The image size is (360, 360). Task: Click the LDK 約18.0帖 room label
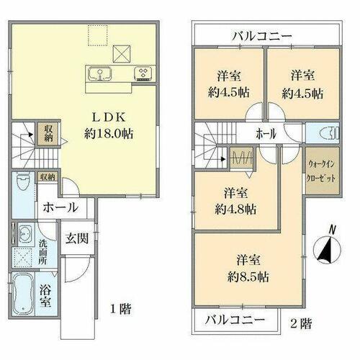tap(109, 125)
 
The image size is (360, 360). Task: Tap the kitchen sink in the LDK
tap(99, 73)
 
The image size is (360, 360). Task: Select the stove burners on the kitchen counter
tap(143, 73)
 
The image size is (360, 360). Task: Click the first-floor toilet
tap(23, 181)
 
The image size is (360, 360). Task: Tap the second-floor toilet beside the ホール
tap(330, 133)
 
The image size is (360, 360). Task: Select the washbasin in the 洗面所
tap(24, 233)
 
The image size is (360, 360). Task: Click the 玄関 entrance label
tap(77, 238)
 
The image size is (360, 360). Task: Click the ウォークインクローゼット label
tap(321, 171)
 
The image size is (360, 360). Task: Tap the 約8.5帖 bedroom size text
tap(248, 277)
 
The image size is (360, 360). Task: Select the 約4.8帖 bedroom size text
tap(235, 210)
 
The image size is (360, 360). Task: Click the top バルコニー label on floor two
tap(262, 36)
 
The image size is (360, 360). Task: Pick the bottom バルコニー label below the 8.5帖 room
tap(235, 320)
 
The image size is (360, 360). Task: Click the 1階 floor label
tap(121, 309)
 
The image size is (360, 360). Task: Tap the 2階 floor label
tap(301, 323)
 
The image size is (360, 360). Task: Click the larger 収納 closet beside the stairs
tap(48, 134)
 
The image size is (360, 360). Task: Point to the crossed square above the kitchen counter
tap(122, 54)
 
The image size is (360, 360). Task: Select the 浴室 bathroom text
tap(45, 296)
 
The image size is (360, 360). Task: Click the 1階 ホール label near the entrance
tap(60, 207)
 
